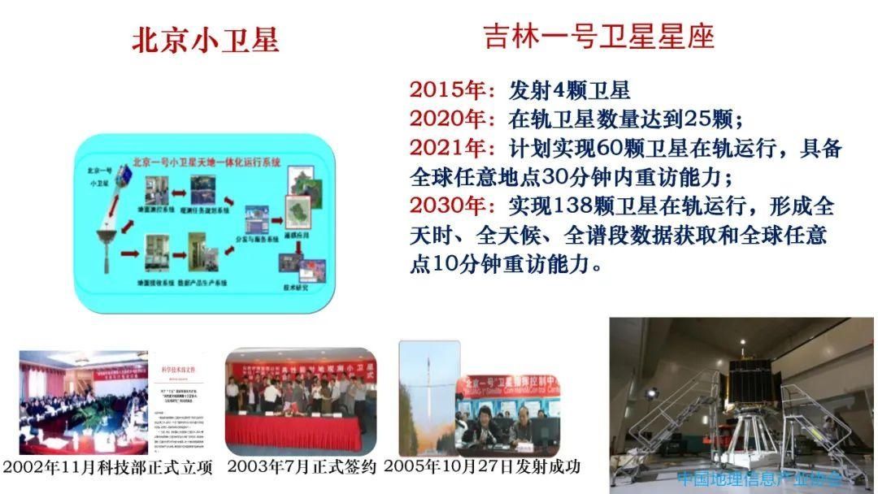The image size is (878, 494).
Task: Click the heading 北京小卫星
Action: click(205, 40)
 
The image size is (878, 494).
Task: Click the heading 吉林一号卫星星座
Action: click(599, 37)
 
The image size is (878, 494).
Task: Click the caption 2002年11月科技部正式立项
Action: click(109, 469)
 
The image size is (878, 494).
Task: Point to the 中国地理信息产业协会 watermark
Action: click(759, 478)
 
